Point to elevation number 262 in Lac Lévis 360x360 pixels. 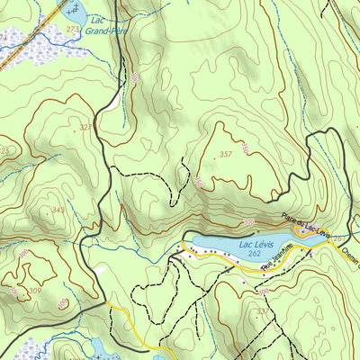(256, 255)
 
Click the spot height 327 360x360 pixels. (85, 128)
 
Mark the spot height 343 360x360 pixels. (58, 210)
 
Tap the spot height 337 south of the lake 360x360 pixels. (262, 312)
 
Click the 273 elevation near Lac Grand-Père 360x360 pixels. (72, 30)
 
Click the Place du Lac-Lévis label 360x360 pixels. (302, 226)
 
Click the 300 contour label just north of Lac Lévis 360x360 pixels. (247, 221)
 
